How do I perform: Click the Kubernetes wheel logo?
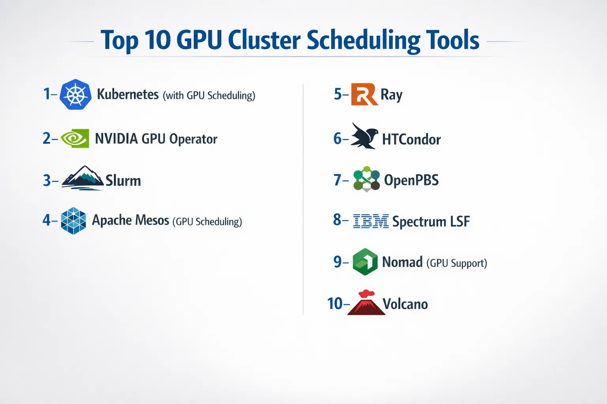(75, 94)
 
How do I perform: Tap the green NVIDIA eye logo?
(75, 138)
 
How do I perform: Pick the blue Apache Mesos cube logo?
(74, 221)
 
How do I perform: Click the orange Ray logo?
(364, 94)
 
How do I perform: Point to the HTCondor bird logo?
(364, 136)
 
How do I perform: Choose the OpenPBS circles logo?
(366, 179)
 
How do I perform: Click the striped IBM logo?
(371, 221)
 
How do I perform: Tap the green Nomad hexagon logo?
(365, 262)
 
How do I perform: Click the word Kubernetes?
(128, 94)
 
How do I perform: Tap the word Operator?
(193, 139)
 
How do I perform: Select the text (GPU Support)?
(457, 263)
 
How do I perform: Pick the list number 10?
(335, 303)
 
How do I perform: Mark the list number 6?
(337, 138)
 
